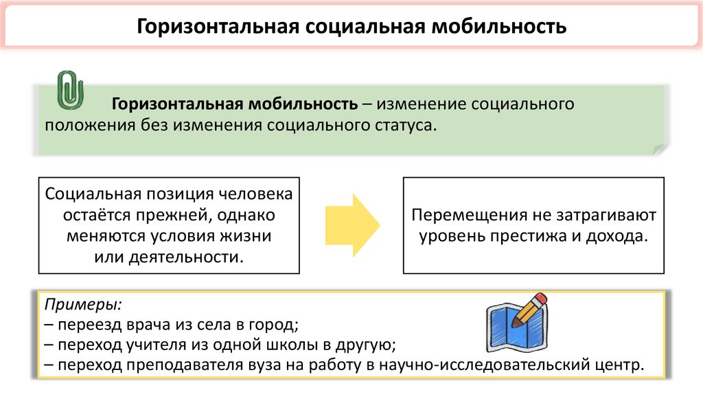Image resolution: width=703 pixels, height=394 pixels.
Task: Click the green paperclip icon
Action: pyautogui.click(x=69, y=90)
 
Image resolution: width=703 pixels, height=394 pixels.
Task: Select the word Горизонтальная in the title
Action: pyautogui.click(x=215, y=27)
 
